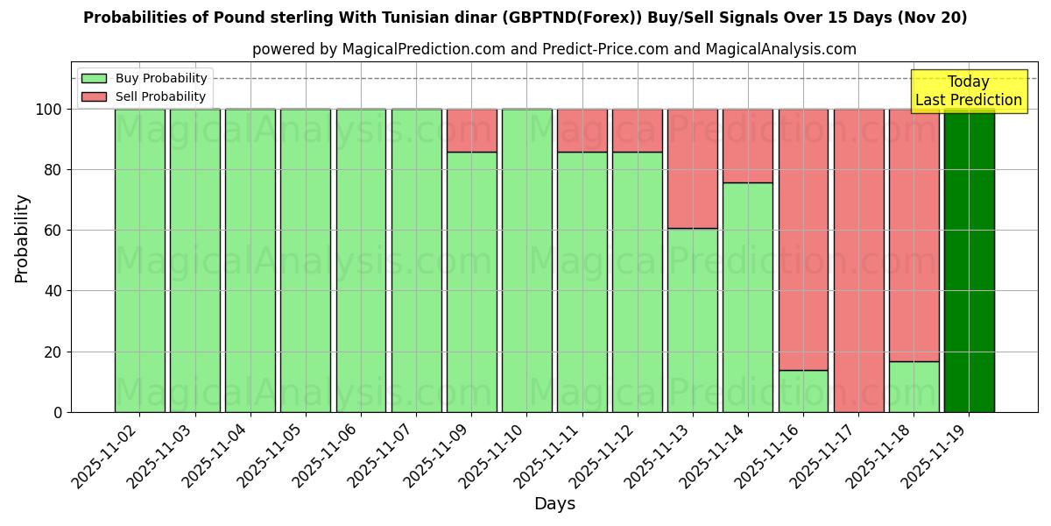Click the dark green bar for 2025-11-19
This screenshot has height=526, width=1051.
[969, 260]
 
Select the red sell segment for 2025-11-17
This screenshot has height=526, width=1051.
[858, 260]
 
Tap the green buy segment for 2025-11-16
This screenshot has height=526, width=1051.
[803, 391]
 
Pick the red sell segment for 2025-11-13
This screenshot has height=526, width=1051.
[692, 168]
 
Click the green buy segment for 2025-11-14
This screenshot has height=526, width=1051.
[747, 297]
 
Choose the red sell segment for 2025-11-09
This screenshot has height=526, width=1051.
[471, 131]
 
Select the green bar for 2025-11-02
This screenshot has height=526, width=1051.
[139, 260]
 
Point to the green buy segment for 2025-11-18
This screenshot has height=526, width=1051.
[913, 387]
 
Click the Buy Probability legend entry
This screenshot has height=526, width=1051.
[145, 78]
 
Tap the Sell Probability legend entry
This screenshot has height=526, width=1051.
[145, 96]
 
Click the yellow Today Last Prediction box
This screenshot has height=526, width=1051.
[968, 91]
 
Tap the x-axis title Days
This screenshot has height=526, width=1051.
[554, 504]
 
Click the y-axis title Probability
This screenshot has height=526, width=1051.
[22, 238]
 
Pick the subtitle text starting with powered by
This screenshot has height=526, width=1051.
[554, 49]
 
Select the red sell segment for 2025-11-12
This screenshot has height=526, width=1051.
[637, 131]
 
